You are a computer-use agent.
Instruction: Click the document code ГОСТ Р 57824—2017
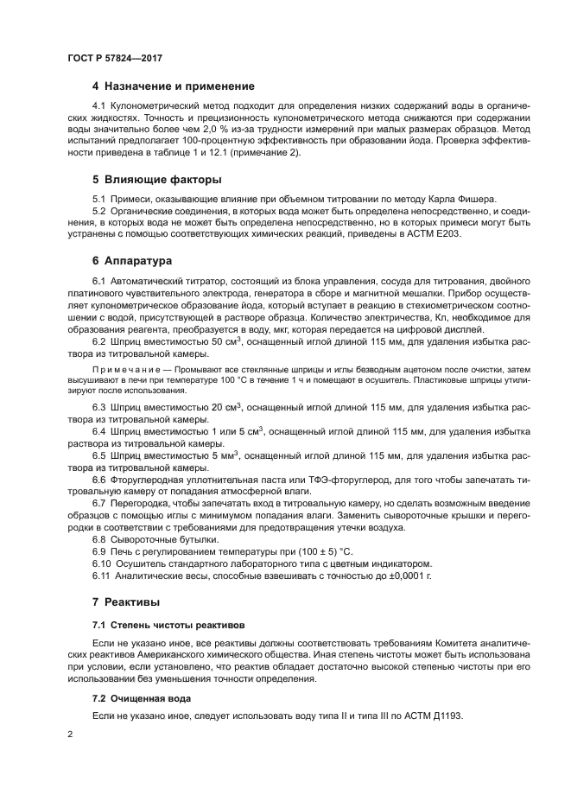point(115,57)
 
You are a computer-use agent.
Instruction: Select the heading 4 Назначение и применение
point(174,86)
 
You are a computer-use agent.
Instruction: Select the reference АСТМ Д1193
point(429,716)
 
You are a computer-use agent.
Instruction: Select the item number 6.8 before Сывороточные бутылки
point(99,538)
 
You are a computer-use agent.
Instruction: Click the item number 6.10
point(102,562)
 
